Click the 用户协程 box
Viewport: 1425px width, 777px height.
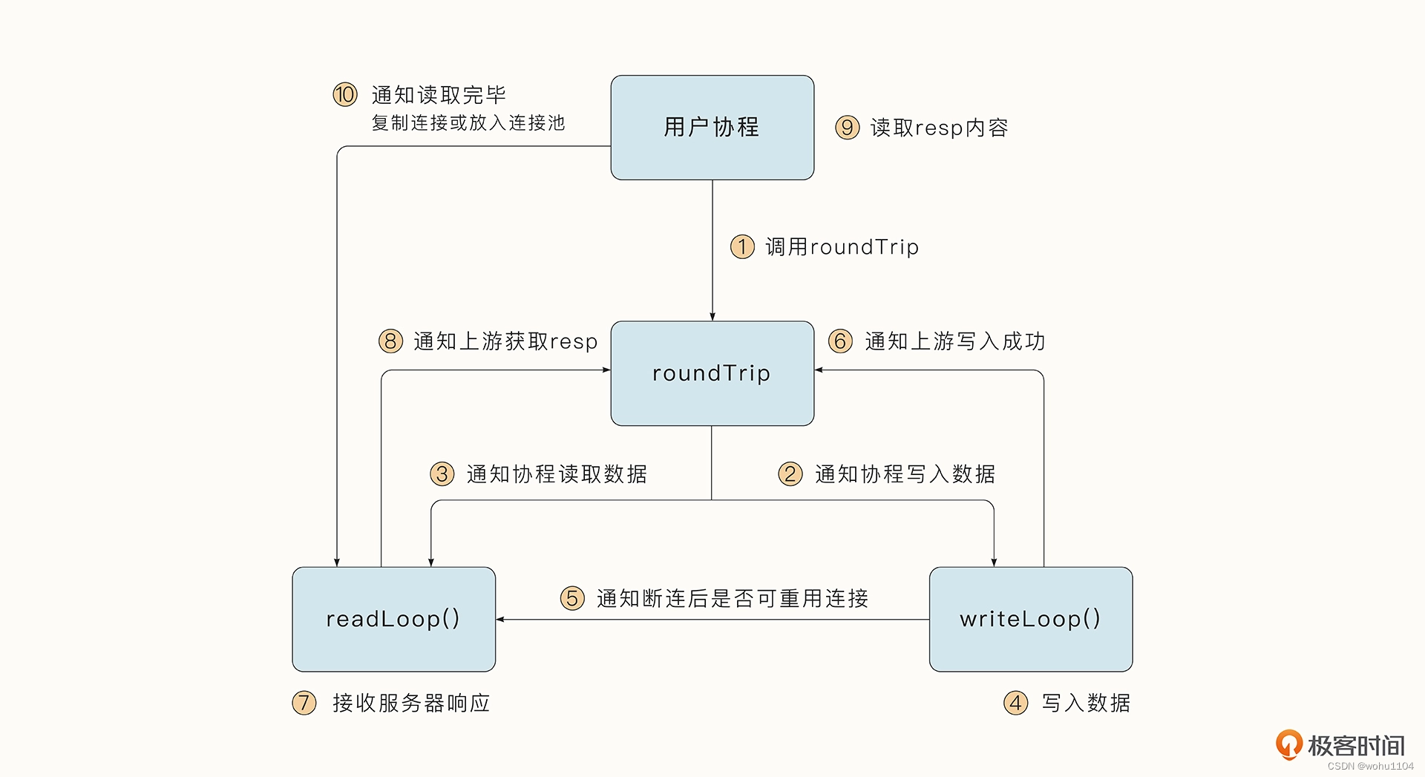click(x=712, y=127)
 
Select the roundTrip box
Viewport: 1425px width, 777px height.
click(x=712, y=373)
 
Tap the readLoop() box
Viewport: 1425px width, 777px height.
click(x=393, y=619)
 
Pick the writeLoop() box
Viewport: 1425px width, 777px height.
click(x=1030, y=619)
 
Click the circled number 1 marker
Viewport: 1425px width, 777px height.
click(x=742, y=246)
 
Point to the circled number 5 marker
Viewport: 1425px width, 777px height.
click(x=572, y=598)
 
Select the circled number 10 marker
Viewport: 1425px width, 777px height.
click(x=345, y=94)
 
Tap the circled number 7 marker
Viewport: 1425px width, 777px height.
click(x=304, y=703)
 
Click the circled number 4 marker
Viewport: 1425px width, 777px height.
click(x=1015, y=703)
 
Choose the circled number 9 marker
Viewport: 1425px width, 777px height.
click(x=847, y=128)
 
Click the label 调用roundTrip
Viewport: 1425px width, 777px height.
click(x=842, y=246)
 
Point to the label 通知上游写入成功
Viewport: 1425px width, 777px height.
click(x=954, y=341)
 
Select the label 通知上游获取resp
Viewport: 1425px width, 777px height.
click(x=505, y=341)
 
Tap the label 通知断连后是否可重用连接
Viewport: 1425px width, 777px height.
click(x=732, y=598)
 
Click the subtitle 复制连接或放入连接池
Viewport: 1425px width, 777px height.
click(x=468, y=123)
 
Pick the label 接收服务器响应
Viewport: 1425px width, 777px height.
click(x=411, y=703)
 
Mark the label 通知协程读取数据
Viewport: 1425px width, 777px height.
click(x=557, y=474)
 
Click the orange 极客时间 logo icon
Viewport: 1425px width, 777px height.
click(x=1288, y=744)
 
